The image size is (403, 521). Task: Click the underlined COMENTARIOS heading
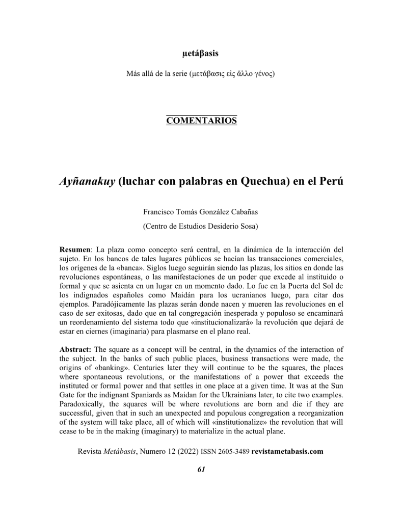(201, 121)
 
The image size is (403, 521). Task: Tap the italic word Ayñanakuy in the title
(87, 182)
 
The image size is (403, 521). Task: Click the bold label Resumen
(75, 250)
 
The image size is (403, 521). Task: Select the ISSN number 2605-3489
(232, 451)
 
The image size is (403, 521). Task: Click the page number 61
(201, 470)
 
